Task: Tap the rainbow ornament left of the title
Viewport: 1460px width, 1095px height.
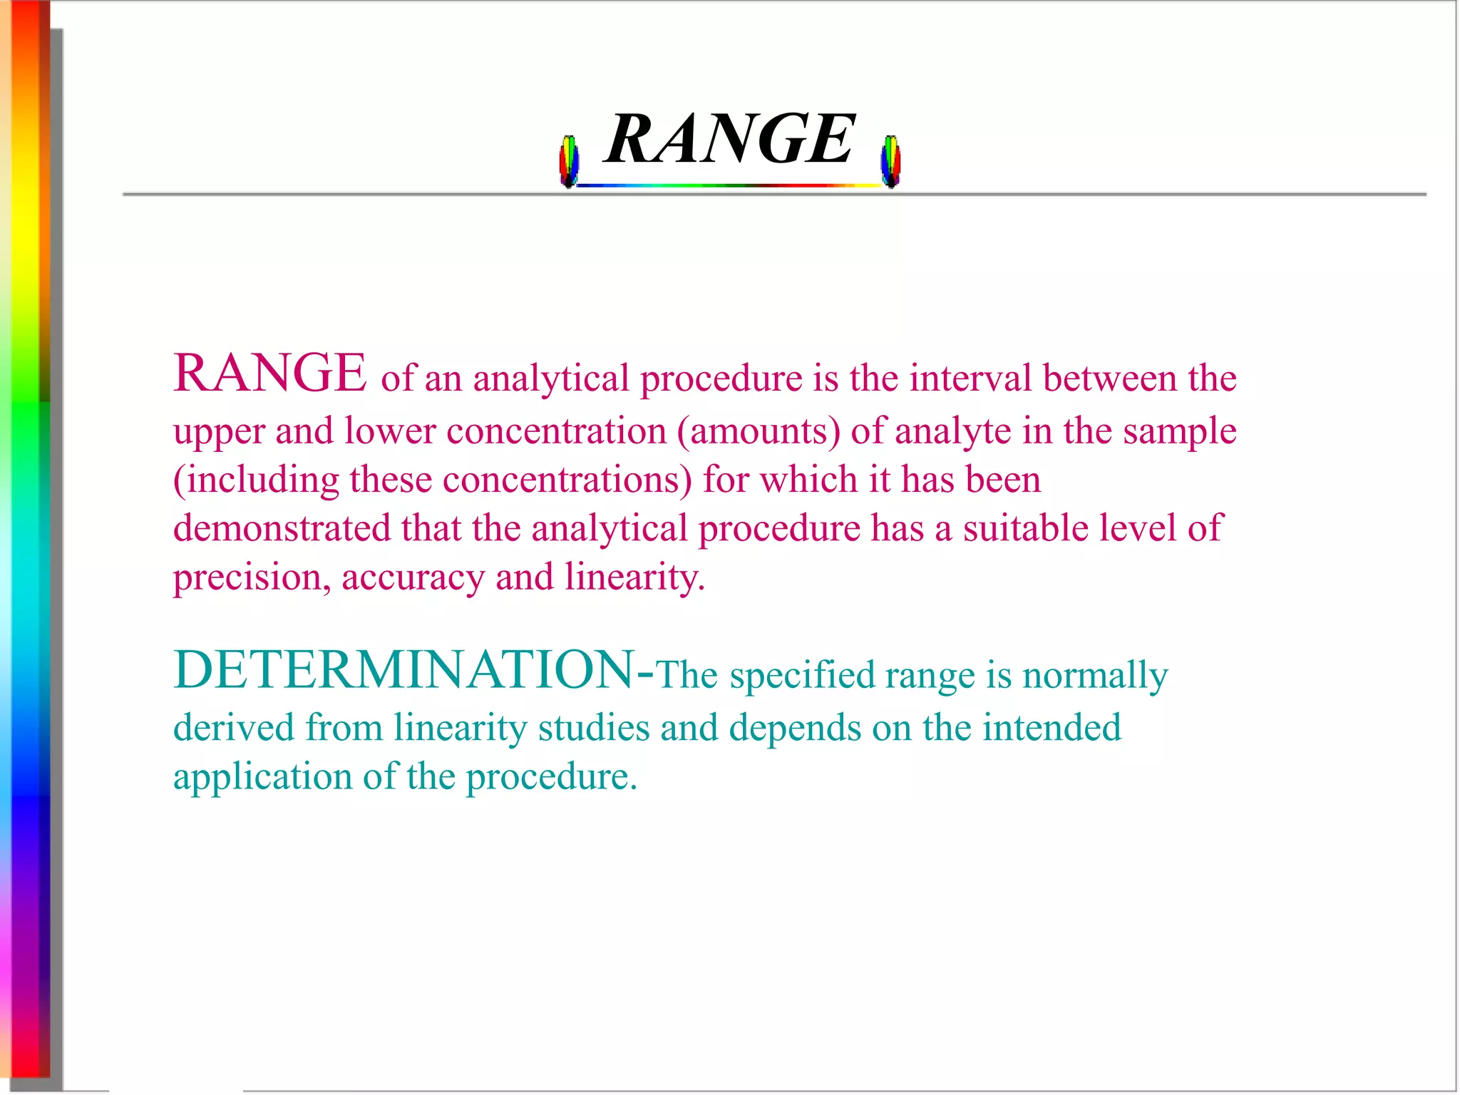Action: point(569,162)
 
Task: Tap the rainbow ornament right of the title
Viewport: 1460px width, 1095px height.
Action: point(890,162)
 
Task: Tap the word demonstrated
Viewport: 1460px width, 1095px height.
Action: point(282,528)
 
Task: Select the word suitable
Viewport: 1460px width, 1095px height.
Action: point(1025,528)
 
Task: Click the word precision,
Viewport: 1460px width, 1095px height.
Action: point(252,578)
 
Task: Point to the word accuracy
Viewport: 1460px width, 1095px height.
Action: point(413,578)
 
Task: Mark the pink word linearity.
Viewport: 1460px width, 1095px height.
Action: point(634,577)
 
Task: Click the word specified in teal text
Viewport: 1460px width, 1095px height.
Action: point(802,676)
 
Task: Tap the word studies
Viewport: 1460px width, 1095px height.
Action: point(593,728)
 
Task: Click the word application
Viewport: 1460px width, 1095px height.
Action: point(262,778)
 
